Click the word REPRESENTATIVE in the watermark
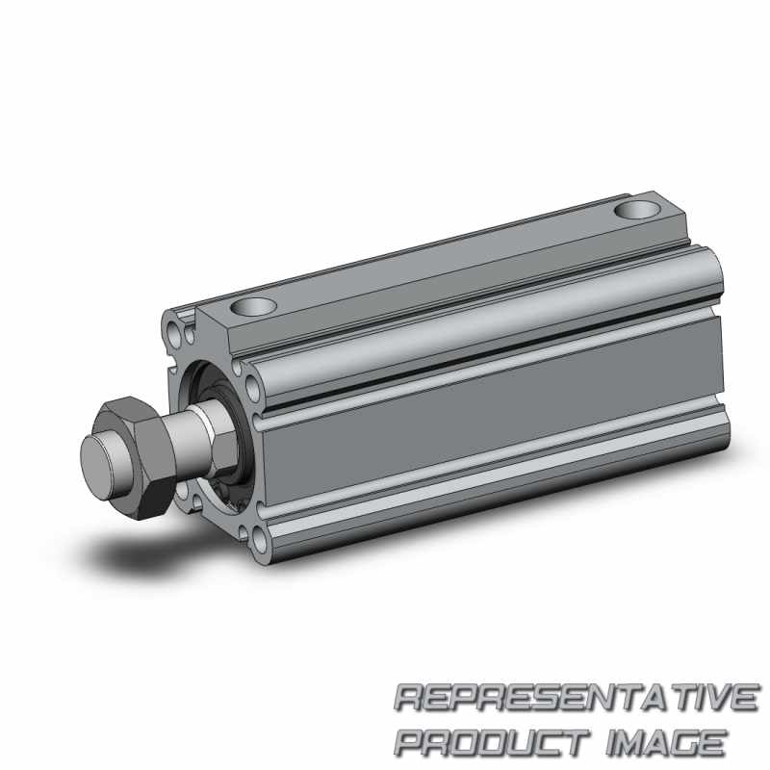(576, 697)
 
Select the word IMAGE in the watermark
(666, 742)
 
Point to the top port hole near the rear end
(637, 210)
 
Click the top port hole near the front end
(253, 307)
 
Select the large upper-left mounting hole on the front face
(172, 331)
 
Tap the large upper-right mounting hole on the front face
(252, 388)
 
